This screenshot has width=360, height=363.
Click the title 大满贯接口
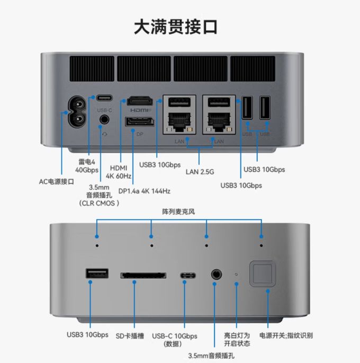(x=176, y=27)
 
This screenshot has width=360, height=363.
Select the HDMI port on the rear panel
(x=140, y=101)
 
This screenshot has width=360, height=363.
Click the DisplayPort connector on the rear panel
(x=140, y=122)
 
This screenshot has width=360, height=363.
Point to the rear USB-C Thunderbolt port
(x=104, y=98)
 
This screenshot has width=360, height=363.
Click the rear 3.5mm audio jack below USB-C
(x=104, y=120)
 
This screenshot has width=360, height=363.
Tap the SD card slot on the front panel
(x=143, y=275)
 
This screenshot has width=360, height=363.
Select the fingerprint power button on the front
(x=263, y=274)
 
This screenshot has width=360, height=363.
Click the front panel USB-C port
(x=188, y=276)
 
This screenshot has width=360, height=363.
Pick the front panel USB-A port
(x=97, y=273)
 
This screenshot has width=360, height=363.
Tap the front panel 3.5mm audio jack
(x=217, y=275)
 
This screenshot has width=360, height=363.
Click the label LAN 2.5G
(x=200, y=172)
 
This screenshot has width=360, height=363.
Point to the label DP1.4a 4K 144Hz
(x=145, y=191)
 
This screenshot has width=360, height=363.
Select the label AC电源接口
(x=57, y=182)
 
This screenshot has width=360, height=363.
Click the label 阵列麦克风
(x=178, y=211)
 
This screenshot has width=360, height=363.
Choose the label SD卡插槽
(x=130, y=336)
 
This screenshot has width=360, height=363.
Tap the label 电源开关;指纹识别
(x=286, y=335)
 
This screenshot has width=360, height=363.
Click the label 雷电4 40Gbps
(x=87, y=166)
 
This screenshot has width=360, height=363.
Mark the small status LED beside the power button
(x=236, y=275)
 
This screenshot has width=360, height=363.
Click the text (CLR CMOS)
(x=99, y=203)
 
